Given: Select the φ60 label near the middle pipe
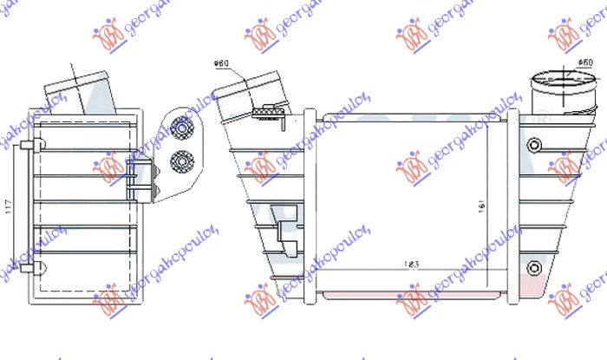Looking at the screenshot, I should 220,64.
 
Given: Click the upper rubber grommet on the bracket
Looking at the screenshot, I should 183,128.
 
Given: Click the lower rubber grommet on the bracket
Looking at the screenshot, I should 182,160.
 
